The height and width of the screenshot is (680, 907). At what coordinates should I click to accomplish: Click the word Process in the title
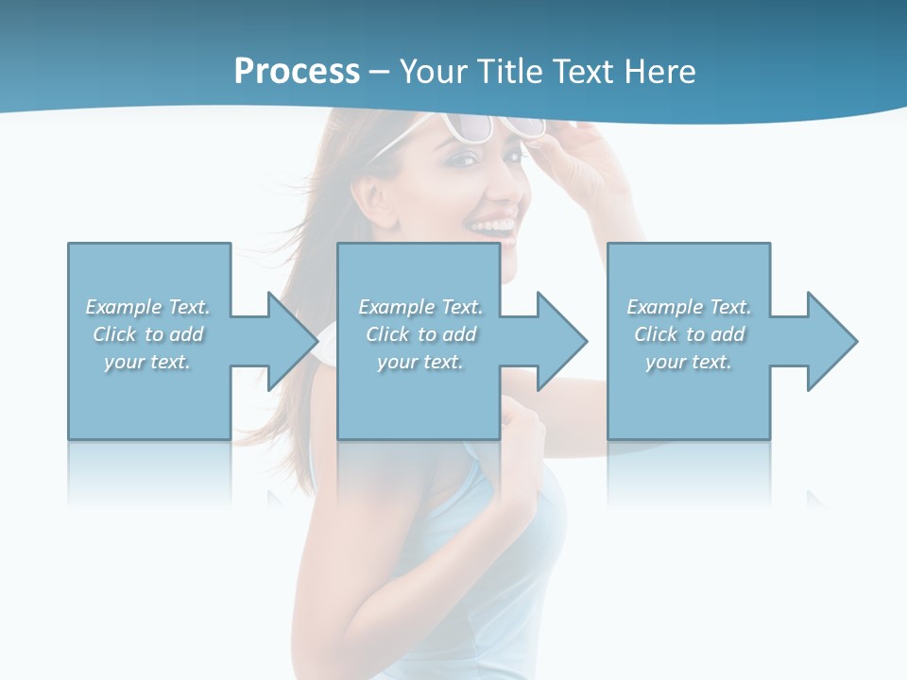[297, 72]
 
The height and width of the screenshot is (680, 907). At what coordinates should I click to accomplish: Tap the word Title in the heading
[507, 72]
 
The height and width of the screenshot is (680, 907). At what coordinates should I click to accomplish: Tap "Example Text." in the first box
[147, 307]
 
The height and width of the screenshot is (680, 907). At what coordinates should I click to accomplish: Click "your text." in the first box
[147, 362]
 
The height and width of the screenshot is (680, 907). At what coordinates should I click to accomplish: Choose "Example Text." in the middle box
[420, 307]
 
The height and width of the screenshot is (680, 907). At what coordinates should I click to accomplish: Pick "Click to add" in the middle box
[420, 334]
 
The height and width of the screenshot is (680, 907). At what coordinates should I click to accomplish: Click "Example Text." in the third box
[689, 307]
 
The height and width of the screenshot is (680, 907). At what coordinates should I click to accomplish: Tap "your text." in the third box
[689, 362]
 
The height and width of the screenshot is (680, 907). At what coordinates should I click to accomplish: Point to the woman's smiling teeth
[493, 227]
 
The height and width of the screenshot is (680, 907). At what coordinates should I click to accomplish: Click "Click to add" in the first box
[147, 334]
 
